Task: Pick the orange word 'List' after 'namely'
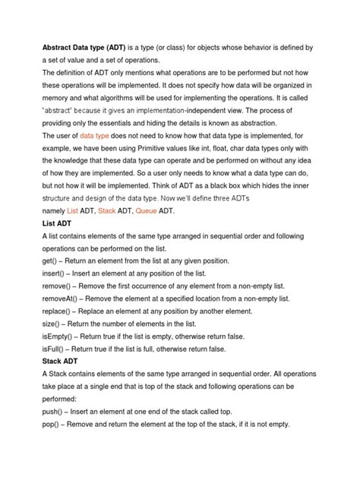pos(73,209)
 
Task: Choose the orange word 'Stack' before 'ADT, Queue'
pos(107,209)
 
